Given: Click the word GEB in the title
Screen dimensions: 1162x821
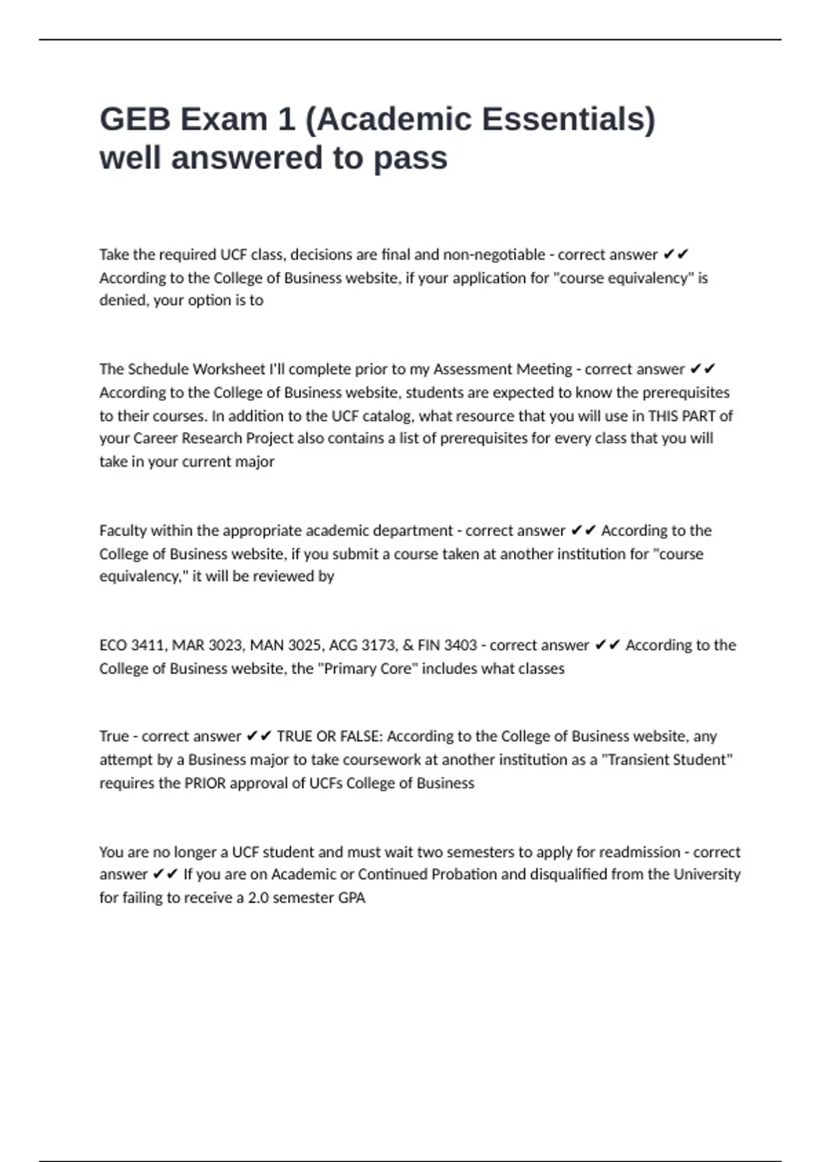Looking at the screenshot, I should tap(135, 120).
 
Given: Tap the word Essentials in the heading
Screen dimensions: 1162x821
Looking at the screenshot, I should tap(569, 120).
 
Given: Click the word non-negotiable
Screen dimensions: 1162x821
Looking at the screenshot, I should tap(494, 255).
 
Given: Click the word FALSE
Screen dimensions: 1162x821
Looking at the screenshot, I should tap(361, 736).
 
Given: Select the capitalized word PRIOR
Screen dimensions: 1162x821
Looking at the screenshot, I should tap(205, 783).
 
